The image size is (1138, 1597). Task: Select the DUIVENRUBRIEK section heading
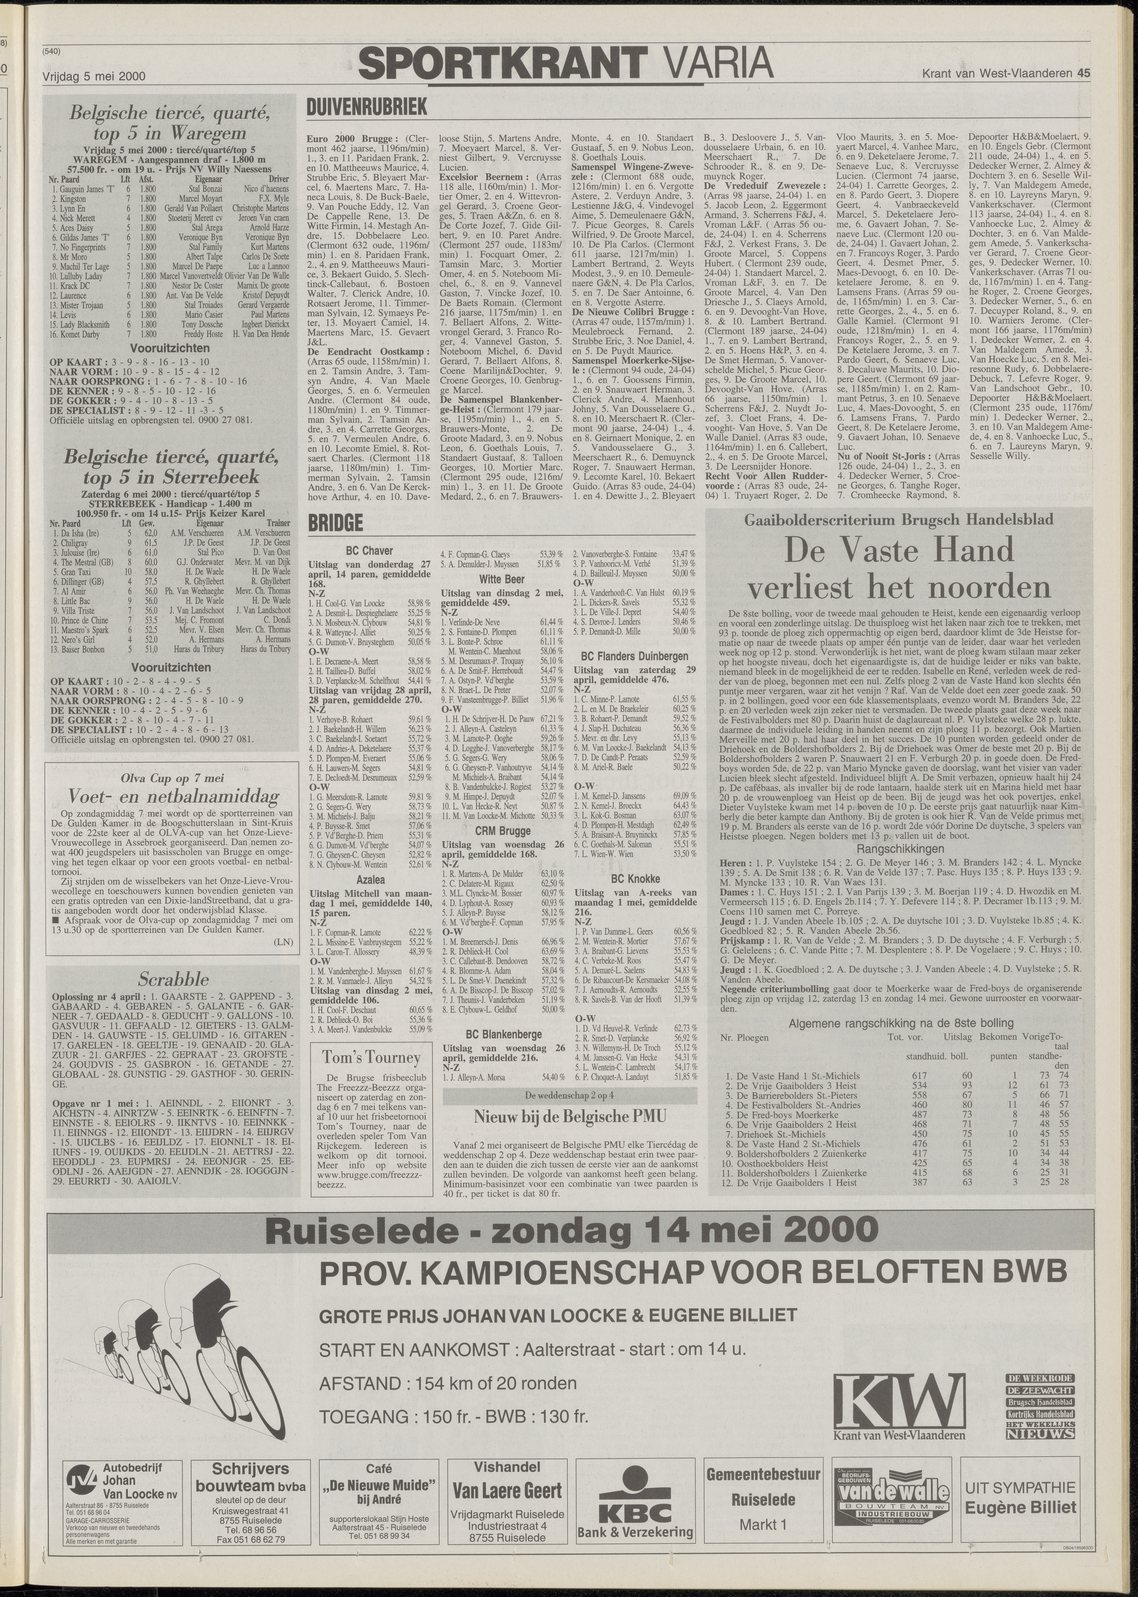pyautogui.click(x=366, y=107)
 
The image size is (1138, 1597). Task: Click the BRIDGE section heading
pyautogui.click(x=335, y=523)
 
